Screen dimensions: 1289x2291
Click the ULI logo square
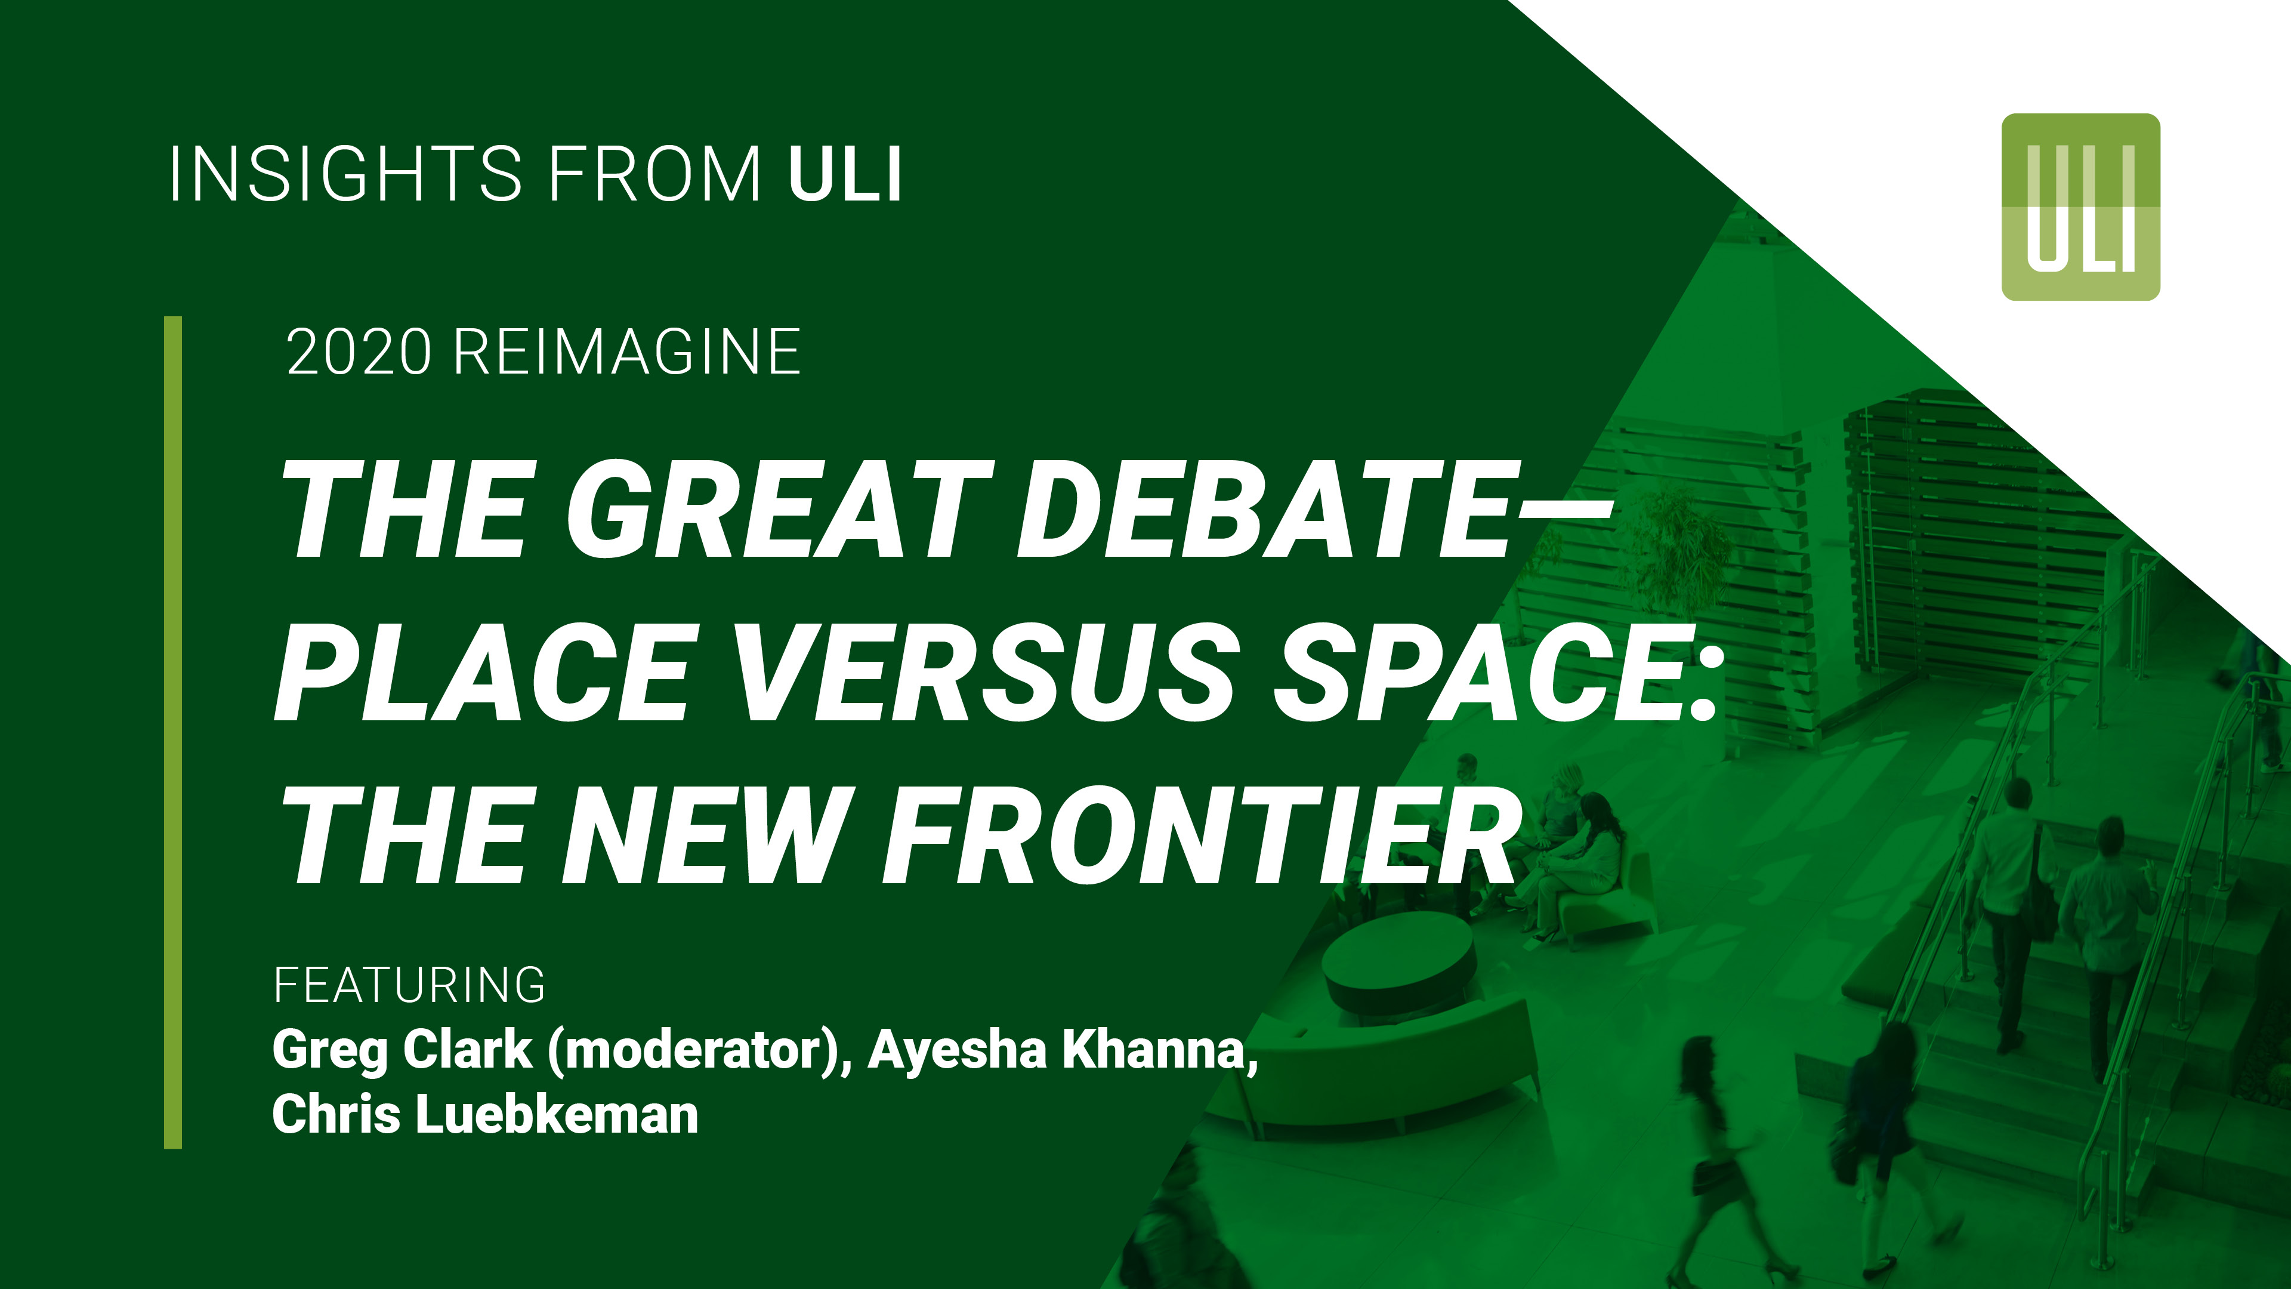2080,206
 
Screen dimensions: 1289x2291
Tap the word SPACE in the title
1481,671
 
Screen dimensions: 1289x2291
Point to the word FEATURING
409,985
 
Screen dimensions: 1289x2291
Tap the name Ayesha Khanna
1058,1050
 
